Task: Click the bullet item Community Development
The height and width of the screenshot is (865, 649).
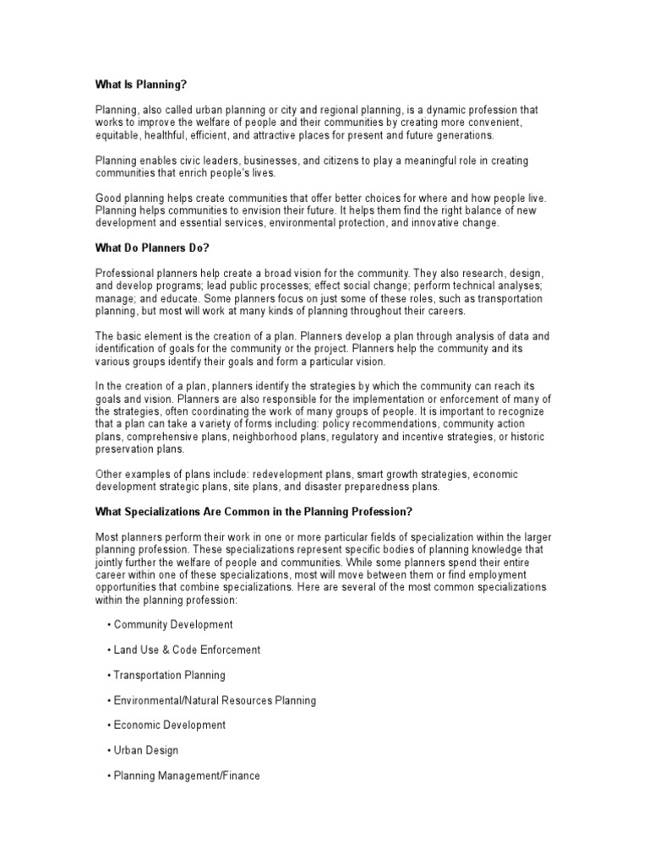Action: (173, 625)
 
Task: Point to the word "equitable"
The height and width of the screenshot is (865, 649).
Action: (117, 135)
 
